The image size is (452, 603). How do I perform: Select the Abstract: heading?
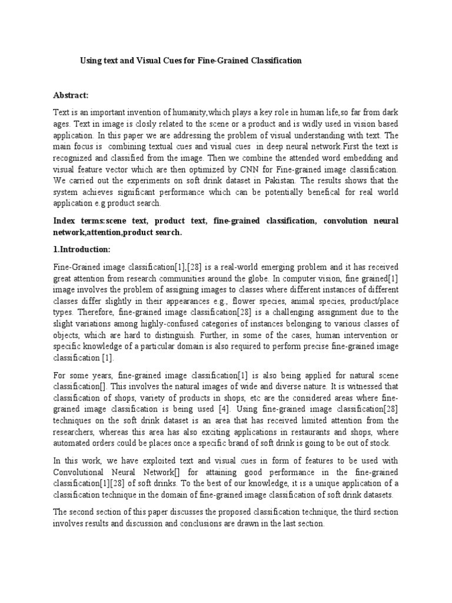point(70,95)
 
